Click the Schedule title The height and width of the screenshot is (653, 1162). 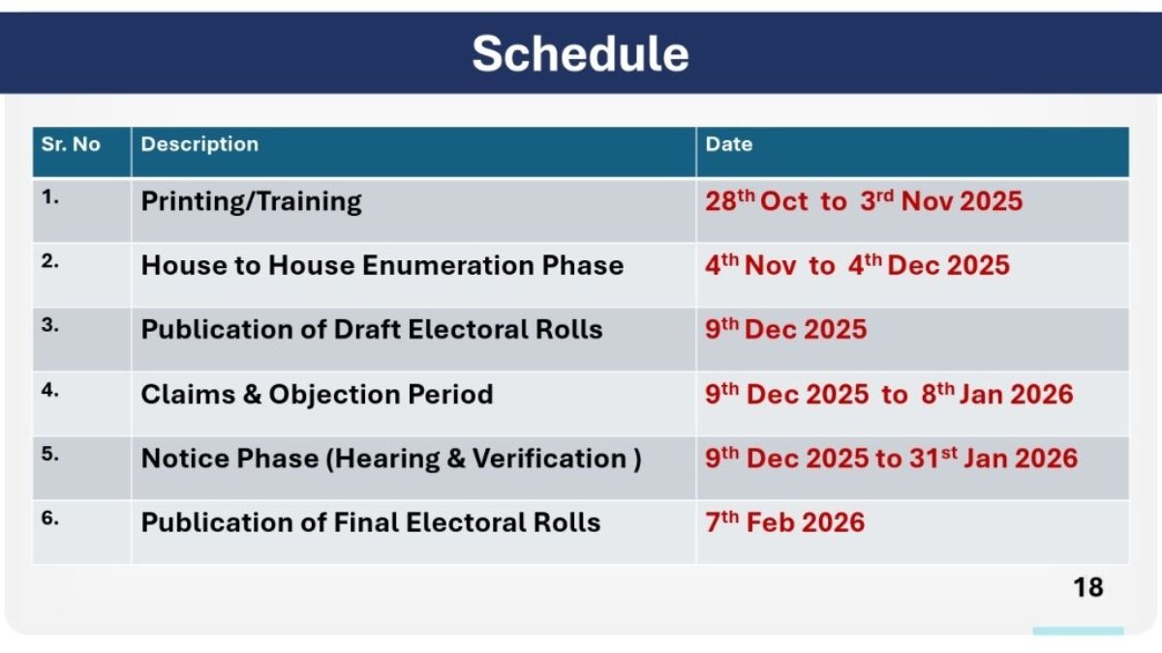(580, 53)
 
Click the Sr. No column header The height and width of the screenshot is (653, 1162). (71, 144)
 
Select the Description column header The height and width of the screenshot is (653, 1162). (199, 144)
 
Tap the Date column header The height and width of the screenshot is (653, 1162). (729, 144)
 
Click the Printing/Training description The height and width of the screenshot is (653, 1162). (251, 201)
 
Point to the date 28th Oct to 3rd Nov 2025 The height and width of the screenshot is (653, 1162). (864, 200)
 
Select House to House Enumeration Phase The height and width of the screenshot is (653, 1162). (382, 265)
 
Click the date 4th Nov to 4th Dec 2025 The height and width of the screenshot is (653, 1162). (858, 265)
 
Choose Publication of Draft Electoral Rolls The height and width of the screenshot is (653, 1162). (372, 329)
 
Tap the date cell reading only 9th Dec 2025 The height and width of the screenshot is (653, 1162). (786, 329)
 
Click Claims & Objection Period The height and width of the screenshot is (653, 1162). (317, 394)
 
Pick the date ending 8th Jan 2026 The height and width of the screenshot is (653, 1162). (889, 394)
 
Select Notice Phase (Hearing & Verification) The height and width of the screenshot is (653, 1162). (391, 459)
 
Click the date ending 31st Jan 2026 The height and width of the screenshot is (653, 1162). (891, 459)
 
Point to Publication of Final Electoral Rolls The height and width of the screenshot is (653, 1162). (371, 522)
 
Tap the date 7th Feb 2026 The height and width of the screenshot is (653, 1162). (785, 521)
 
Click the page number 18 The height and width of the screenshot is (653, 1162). (1088, 588)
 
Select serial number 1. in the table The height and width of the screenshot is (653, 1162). (49, 197)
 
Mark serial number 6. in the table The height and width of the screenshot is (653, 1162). (49, 518)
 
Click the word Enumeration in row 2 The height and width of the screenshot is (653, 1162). (447, 265)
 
